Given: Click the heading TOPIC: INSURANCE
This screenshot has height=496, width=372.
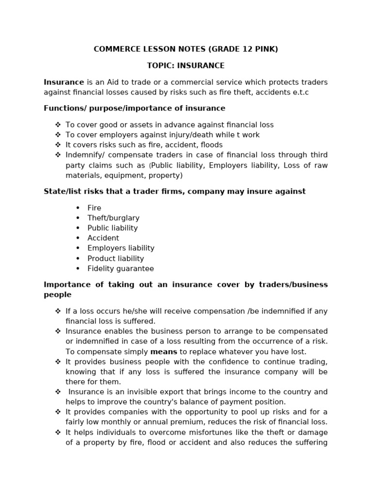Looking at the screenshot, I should click(x=186, y=65).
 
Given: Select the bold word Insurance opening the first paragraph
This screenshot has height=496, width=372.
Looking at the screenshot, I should click(x=64, y=82).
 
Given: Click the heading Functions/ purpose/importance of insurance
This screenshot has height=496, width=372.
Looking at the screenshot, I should click(x=134, y=108).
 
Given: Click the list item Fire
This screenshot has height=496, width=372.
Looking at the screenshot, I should click(x=94, y=208).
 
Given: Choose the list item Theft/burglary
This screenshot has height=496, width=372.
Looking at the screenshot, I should click(x=113, y=218).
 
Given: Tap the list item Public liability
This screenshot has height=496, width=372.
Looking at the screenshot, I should click(x=112, y=228).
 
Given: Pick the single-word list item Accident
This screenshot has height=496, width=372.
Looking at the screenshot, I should click(x=103, y=238).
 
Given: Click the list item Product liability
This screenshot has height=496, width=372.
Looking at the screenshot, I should click(x=116, y=259).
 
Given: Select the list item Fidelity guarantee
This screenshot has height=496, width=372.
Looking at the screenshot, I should click(x=121, y=269).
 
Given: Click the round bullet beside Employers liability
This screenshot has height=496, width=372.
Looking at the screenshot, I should click(x=77, y=248).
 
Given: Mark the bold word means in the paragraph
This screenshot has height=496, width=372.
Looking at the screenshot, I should click(x=164, y=352).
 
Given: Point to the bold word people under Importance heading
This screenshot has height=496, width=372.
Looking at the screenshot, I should click(x=58, y=294).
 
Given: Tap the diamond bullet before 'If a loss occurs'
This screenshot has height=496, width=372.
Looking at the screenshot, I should click(x=58, y=311).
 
